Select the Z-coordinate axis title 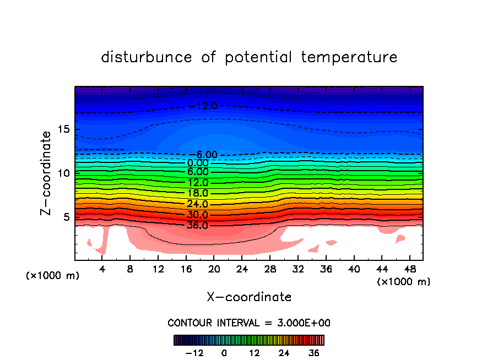click(x=47, y=173)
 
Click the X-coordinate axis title click(x=249, y=297)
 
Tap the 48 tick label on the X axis click(x=409, y=269)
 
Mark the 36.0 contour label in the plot click(x=198, y=225)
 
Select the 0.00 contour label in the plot click(x=198, y=163)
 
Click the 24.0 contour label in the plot click(x=198, y=204)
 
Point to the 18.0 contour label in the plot click(x=198, y=193)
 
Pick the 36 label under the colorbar click(x=314, y=353)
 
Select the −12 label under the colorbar click(x=196, y=353)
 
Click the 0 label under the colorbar click(x=224, y=353)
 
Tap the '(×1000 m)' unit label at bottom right click(x=404, y=281)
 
